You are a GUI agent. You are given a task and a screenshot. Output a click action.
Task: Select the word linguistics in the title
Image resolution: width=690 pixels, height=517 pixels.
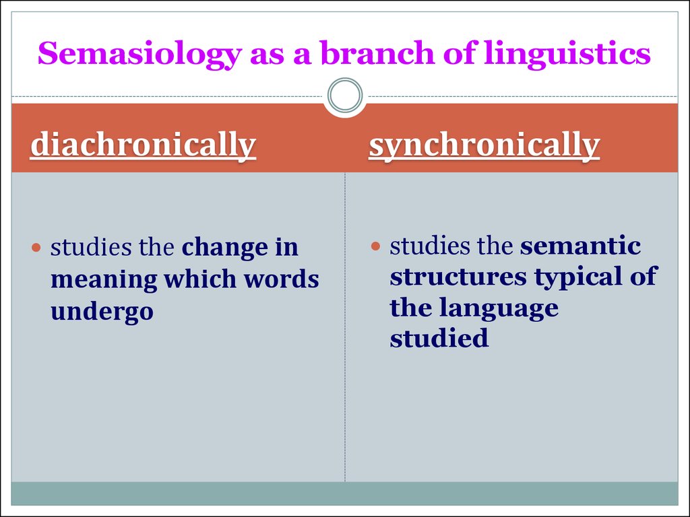pos(567,55)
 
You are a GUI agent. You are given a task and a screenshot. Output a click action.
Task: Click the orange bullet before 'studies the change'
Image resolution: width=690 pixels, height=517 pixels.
pos(36,248)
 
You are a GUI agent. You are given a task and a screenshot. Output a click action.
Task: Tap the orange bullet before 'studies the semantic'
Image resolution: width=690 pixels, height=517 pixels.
pos(375,246)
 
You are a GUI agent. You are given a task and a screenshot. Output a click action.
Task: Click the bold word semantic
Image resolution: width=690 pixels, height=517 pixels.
pos(580,246)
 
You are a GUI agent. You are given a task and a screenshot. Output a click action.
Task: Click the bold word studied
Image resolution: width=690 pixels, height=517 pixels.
pos(439,338)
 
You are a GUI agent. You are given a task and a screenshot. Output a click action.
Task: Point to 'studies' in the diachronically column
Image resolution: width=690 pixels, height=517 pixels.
pos(91,248)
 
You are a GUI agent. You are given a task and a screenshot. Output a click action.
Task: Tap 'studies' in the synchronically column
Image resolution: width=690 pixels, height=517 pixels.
pos(429,246)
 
